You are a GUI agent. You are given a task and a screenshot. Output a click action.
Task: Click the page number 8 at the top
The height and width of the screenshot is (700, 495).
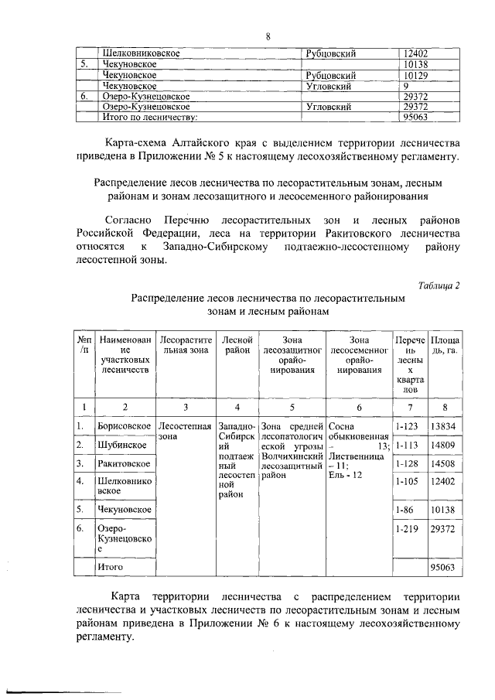tap(268, 36)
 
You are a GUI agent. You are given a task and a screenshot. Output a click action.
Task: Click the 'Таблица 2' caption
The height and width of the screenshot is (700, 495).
tap(439, 285)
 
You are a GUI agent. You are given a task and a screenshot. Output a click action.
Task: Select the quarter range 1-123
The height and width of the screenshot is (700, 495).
tap(407, 426)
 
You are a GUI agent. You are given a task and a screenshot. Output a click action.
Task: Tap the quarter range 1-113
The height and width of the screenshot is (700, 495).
tap(407, 446)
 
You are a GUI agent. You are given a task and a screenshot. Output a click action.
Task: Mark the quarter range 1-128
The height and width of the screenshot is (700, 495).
tap(407, 463)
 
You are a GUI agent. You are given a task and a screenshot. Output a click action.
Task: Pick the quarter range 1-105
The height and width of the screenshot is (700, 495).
tap(407, 482)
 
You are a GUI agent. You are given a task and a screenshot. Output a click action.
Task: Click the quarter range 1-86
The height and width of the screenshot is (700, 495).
tap(405, 510)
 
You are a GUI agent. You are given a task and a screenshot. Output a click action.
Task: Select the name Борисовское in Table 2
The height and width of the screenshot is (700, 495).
tap(124, 426)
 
